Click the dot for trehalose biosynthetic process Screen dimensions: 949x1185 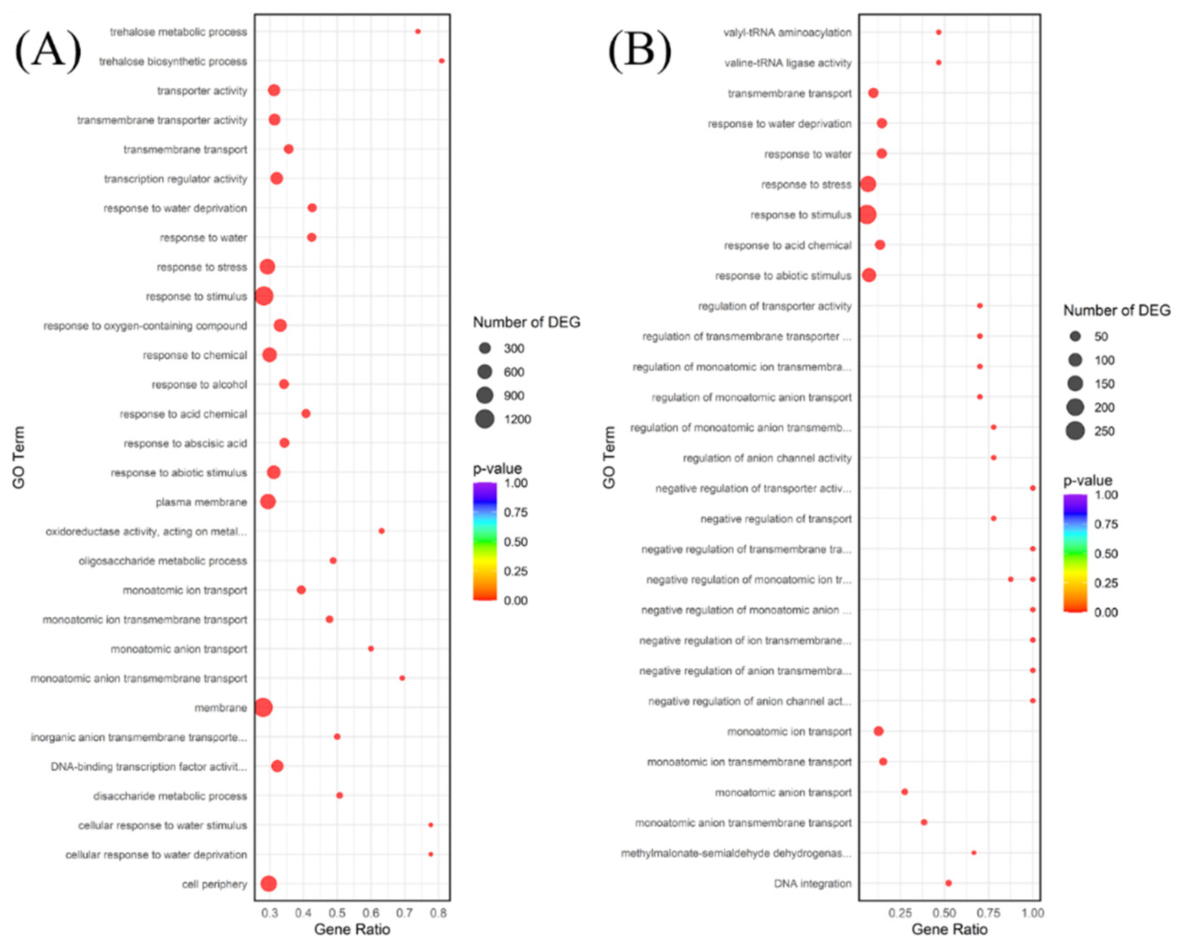[x=442, y=61]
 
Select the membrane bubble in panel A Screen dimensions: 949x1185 [x=263, y=707]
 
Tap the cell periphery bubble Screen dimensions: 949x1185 [x=268, y=884]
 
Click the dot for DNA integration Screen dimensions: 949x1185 [x=948, y=883]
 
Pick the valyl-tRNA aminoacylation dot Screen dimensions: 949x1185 [x=938, y=32]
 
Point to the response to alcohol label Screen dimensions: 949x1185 [x=199, y=384]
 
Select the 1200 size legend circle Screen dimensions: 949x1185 [x=485, y=420]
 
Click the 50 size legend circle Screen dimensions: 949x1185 [x=1075, y=336]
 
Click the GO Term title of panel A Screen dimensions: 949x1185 [x=19, y=458]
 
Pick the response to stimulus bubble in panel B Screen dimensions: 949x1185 [x=867, y=214]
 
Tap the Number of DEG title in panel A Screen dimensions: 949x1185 [x=526, y=322]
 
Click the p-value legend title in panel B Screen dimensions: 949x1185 [x=1087, y=481]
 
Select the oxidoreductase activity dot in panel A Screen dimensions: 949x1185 [x=381, y=531]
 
